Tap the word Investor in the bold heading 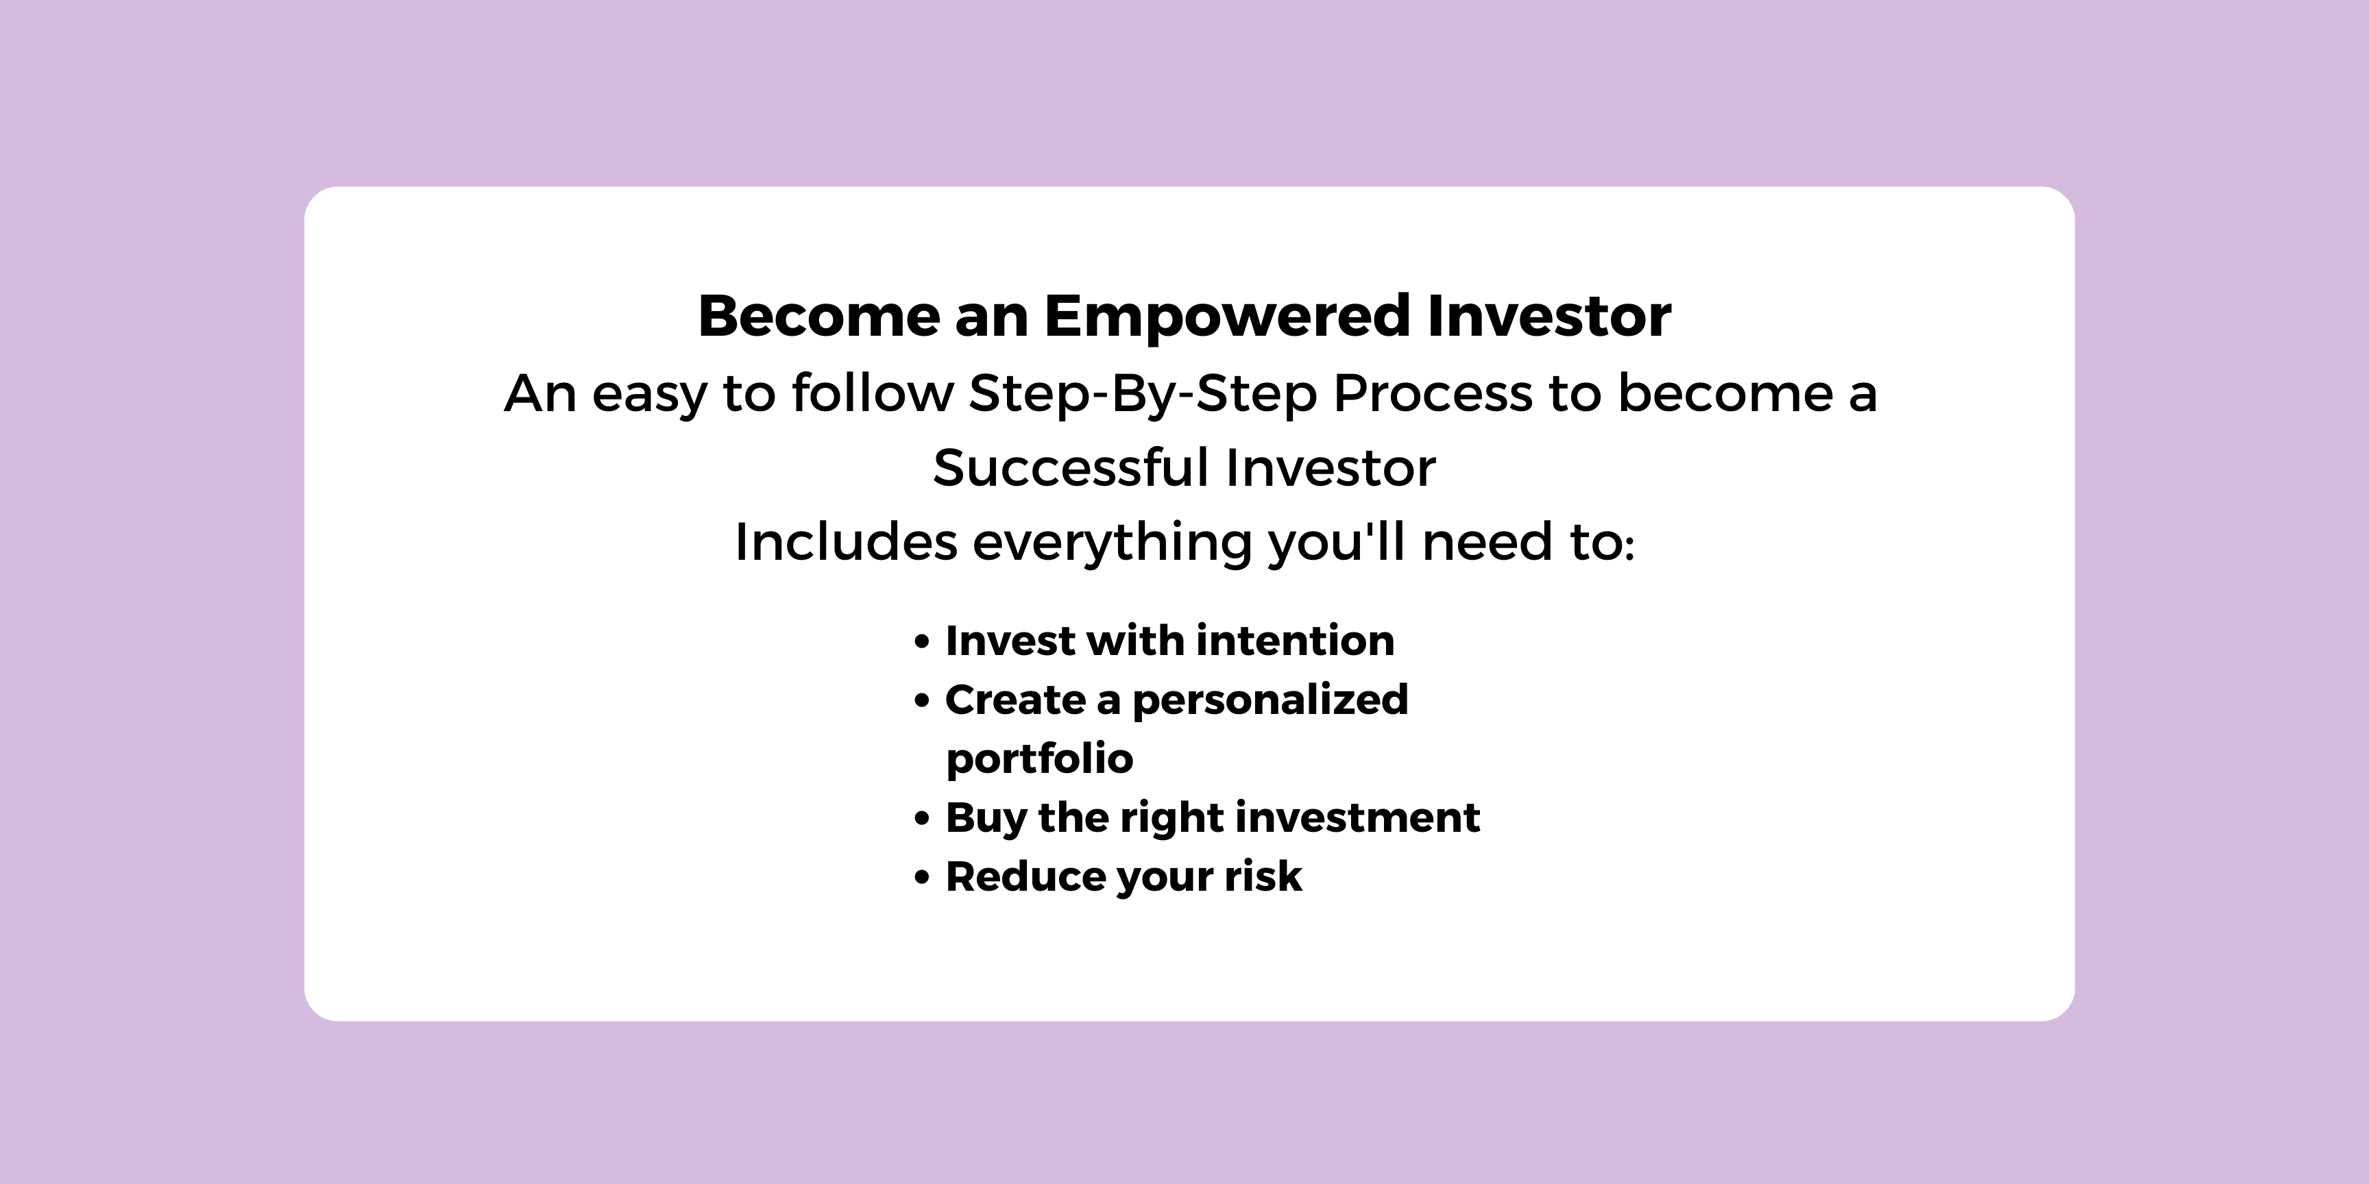tap(1550, 317)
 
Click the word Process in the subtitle tap(1433, 393)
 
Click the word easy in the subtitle tap(649, 396)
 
